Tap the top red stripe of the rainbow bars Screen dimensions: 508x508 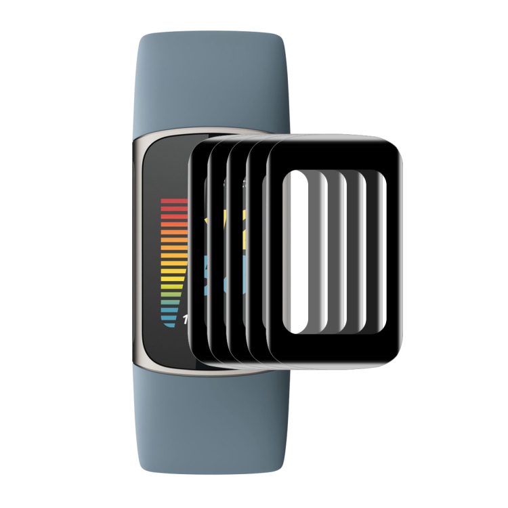(173, 202)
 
